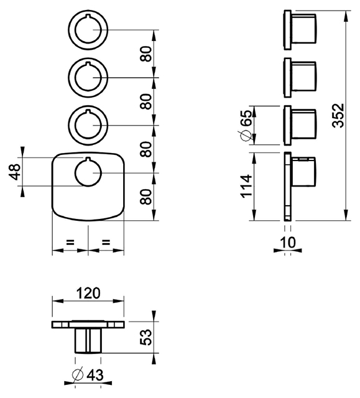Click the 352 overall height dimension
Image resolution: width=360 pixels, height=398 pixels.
pyautogui.click(x=339, y=115)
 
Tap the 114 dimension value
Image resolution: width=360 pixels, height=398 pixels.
pyautogui.click(x=246, y=186)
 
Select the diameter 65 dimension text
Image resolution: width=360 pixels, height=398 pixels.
pyautogui.click(x=245, y=125)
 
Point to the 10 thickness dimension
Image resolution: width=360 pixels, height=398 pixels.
pyautogui.click(x=288, y=242)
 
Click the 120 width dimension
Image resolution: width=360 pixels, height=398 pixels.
pyautogui.click(x=88, y=293)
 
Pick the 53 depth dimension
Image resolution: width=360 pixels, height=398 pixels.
pyautogui.click(x=146, y=337)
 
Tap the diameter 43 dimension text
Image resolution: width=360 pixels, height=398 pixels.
pyautogui.click(x=88, y=375)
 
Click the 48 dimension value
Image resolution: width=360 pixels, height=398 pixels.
pyautogui.click(x=15, y=172)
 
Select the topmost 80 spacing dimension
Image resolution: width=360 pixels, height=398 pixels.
pyautogui.click(x=146, y=54)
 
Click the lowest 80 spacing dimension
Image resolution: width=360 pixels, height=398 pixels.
pyautogui.click(x=146, y=197)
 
